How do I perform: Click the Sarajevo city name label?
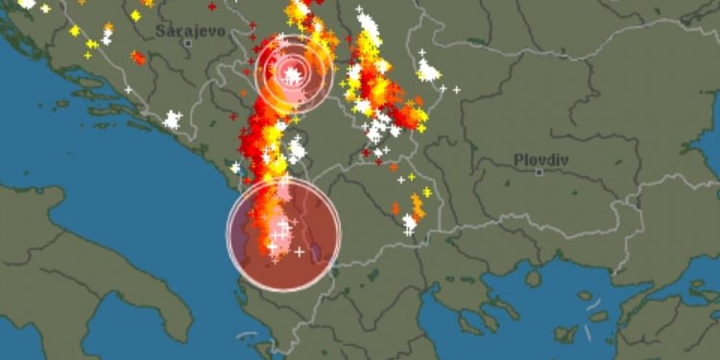tap(191, 31)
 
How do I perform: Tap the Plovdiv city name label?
tap(540, 159)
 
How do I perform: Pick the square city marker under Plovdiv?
tap(540, 172)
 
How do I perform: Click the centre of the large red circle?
tap(284, 234)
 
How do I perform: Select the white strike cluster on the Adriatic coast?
tap(172, 120)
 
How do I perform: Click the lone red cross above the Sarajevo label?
tap(212, 7)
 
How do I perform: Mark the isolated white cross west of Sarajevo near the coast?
tap(128, 89)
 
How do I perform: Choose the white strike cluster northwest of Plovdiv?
tap(428, 70)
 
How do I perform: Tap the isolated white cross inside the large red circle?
tap(300, 252)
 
